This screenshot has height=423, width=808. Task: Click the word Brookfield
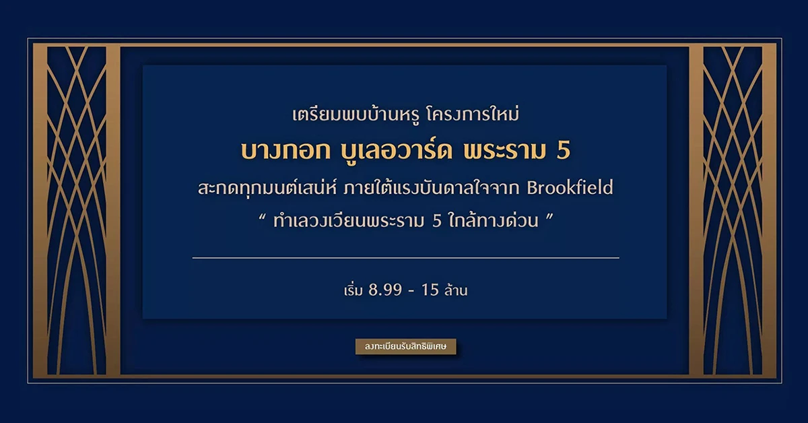[x=570, y=188]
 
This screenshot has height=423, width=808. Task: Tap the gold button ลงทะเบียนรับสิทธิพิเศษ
[x=406, y=346]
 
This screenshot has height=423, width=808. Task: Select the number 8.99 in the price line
[x=385, y=290]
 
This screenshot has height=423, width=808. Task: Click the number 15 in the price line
[x=430, y=290]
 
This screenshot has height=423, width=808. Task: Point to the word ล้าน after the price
[x=456, y=290]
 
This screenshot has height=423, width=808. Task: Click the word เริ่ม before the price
[x=353, y=290]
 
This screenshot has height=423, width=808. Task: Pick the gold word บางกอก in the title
[x=285, y=151]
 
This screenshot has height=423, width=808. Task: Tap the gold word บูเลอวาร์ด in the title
[x=397, y=151]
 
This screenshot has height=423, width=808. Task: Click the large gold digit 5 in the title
[x=564, y=151]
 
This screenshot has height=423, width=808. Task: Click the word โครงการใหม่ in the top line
[x=473, y=115]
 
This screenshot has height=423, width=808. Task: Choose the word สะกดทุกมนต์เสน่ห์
[x=267, y=188]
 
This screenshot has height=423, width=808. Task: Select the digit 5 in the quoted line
[x=437, y=221]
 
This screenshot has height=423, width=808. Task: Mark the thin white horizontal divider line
[x=406, y=258]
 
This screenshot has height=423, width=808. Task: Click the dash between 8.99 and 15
[x=411, y=290]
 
